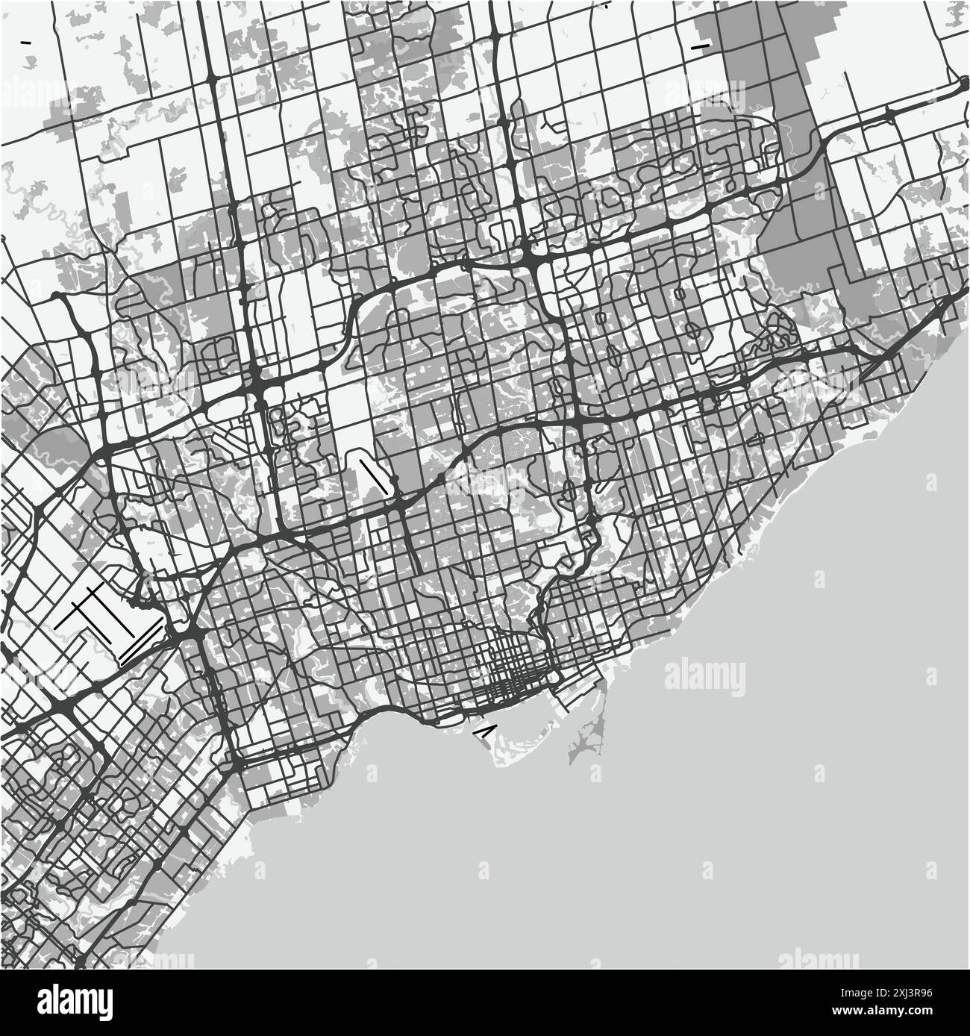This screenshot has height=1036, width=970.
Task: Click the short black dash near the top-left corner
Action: click(28, 43)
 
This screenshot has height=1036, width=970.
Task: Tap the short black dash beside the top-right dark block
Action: click(701, 47)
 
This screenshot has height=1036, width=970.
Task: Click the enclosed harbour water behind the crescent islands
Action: click(522, 713)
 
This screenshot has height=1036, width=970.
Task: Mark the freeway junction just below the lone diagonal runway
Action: click(399, 508)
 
